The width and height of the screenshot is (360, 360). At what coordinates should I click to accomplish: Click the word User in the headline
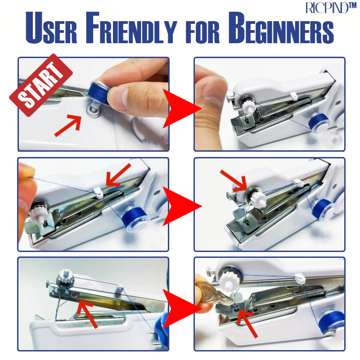[x=51, y=27]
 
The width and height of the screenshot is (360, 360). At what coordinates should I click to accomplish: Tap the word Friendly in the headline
[x=131, y=27]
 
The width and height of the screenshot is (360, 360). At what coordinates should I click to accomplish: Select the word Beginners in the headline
[x=281, y=27]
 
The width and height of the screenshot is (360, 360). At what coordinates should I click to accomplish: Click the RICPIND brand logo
[x=331, y=8]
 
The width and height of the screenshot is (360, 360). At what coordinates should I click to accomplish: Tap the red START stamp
[x=41, y=85]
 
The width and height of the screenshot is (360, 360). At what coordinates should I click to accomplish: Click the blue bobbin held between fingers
[x=98, y=92]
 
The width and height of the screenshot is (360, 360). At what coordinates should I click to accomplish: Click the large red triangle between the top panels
[x=181, y=108]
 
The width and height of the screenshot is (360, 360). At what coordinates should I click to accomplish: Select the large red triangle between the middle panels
[x=181, y=206]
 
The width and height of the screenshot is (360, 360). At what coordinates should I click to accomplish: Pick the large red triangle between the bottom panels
[x=181, y=309]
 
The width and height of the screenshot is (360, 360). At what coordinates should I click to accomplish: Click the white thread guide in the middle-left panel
[x=98, y=193]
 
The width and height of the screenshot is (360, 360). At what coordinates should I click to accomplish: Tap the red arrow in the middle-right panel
[x=234, y=181]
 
